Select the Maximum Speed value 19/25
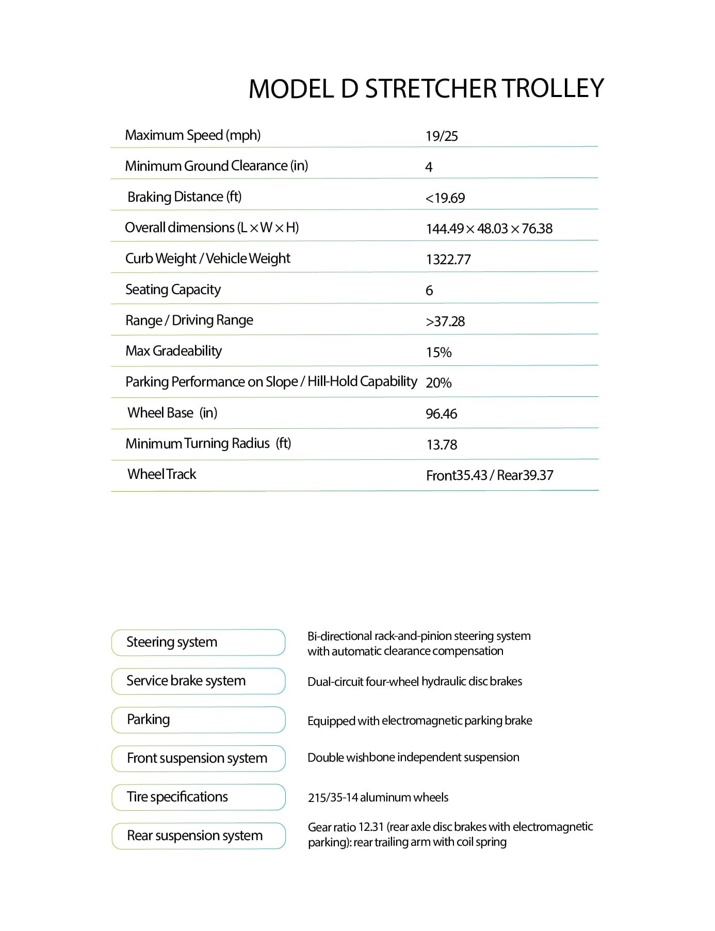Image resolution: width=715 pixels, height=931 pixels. point(442,136)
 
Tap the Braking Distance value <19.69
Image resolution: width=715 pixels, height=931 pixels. point(445,198)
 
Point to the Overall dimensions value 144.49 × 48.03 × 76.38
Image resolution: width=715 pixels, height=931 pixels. point(489,229)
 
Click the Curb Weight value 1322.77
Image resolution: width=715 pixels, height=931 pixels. point(448,260)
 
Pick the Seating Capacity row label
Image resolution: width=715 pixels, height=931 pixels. point(173,290)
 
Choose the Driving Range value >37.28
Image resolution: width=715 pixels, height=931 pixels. point(445,322)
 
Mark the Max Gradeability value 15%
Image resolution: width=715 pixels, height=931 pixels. point(438,352)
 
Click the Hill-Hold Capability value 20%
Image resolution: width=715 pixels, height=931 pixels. point(438,383)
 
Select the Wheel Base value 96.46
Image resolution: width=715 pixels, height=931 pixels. point(441,414)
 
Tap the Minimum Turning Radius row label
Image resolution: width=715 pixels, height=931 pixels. point(208,443)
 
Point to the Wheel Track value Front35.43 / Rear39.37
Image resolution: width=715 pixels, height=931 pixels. point(490,475)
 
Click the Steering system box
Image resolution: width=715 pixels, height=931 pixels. point(198,643)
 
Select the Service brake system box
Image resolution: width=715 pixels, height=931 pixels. point(198,681)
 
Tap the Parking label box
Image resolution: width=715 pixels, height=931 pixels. point(198,720)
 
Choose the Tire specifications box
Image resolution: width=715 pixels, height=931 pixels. point(198,797)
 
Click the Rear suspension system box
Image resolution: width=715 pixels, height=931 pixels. point(198,836)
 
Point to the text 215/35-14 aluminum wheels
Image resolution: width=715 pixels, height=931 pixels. point(378,798)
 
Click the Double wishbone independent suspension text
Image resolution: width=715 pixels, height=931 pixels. point(413,758)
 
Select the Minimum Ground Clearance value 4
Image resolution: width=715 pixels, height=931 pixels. point(429,167)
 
